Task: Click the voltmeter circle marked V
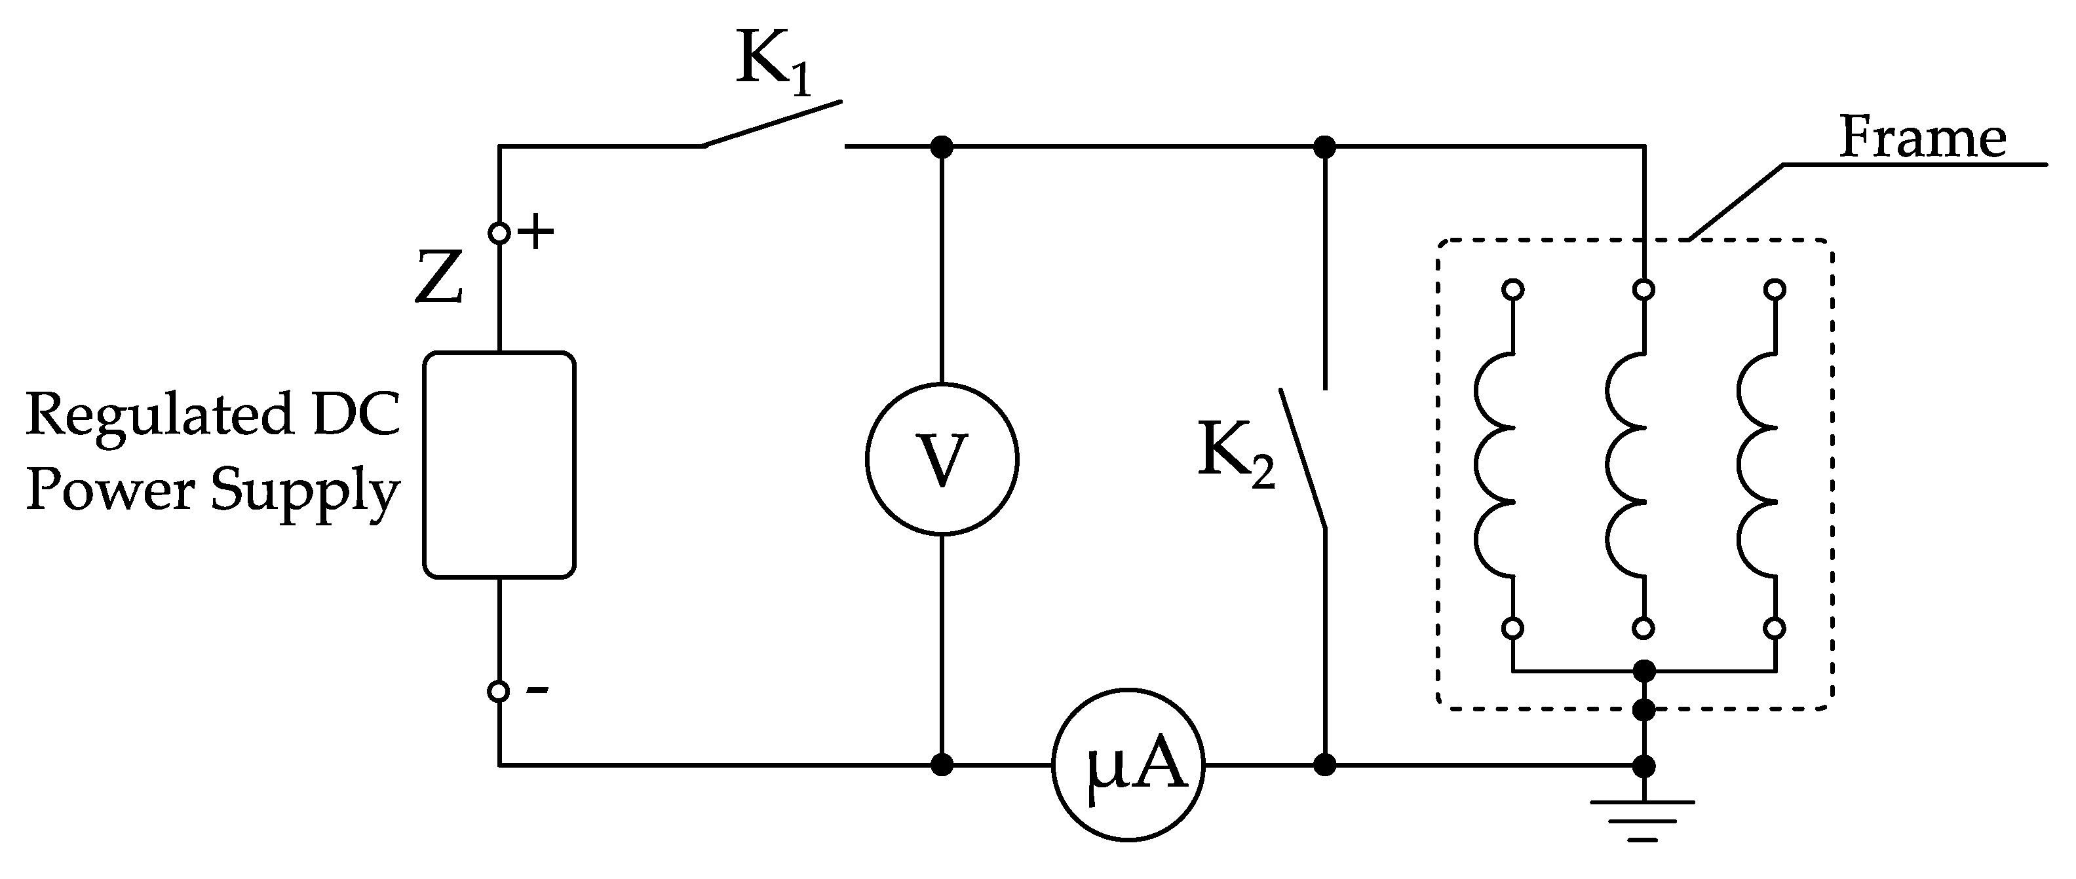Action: coord(941,458)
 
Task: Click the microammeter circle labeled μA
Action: coord(1128,764)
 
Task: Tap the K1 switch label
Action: coord(772,63)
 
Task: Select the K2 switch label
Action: coord(1235,454)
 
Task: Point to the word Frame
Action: coord(1921,139)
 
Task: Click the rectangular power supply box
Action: coord(499,465)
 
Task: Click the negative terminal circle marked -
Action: coord(499,690)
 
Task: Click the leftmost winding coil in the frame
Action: coord(1495,465)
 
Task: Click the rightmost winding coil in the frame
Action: coord(1756,465)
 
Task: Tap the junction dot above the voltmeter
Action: coord(941,147)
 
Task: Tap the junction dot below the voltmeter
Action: coord(941,764)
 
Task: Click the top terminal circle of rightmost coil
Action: coord(1774,290)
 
